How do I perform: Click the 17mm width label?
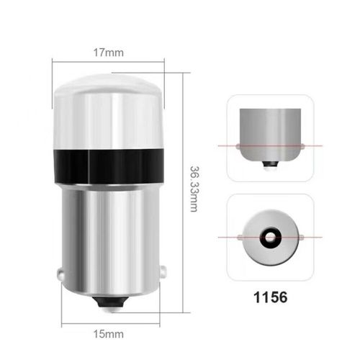tap(107, 52)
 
